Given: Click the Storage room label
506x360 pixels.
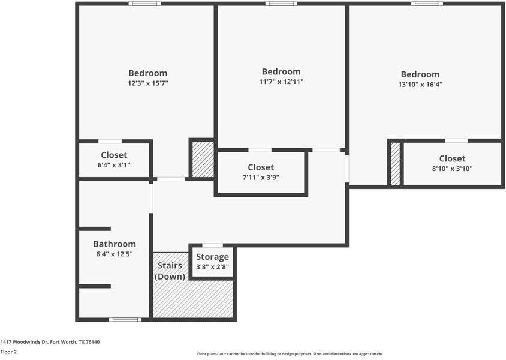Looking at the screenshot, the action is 212,257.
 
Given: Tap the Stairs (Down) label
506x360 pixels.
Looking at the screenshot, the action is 170,271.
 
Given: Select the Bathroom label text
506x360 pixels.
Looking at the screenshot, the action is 115,244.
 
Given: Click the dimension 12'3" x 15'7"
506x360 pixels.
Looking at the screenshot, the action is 148,83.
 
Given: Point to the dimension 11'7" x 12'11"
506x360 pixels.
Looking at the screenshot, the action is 281,82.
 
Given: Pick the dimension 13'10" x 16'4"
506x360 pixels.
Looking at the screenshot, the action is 420,85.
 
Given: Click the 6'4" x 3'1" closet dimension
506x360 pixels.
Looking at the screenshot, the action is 114,166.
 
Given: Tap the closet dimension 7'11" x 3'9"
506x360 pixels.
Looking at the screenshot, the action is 261,177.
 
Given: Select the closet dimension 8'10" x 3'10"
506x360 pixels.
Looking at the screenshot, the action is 453,169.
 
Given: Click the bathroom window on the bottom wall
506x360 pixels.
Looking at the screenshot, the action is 125,320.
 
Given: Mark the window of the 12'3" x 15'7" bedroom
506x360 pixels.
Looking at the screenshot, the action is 144,4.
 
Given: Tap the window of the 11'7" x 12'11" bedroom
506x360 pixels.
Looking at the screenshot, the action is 281,4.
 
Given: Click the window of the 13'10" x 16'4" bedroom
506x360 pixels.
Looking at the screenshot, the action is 427,4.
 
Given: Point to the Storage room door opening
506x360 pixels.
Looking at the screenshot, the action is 213,246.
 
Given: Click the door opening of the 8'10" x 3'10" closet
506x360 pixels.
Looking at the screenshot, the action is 456,141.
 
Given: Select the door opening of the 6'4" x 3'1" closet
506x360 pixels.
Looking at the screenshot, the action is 110,142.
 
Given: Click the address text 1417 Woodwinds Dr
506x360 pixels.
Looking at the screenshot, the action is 24,342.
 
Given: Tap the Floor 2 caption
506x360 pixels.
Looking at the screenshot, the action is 8,352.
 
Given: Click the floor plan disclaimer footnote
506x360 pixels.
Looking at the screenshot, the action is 290,354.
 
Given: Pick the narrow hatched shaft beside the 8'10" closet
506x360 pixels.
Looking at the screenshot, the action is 396,164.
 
